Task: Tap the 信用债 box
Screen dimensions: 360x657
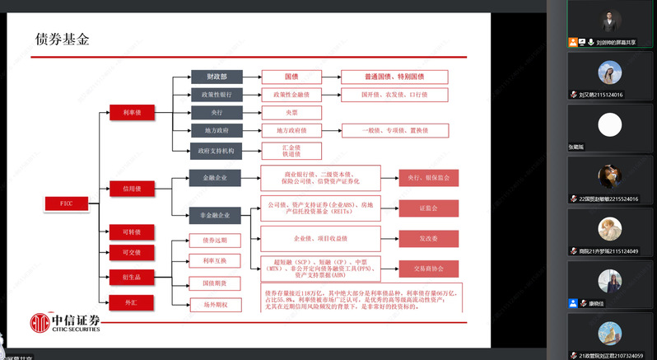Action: (133, 189)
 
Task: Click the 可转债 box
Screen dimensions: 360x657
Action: (133, 231)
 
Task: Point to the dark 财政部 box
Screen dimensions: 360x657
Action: (217, 77)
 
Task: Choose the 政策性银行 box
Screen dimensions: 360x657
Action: (217, 95)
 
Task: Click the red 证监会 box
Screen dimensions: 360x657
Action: (428, 208)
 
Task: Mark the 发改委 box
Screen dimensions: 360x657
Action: (428, 239)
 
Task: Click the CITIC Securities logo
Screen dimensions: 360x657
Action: (66, 323)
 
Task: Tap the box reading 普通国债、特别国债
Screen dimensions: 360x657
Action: (394, 77)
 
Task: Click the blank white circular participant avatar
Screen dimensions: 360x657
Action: (609, 124)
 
